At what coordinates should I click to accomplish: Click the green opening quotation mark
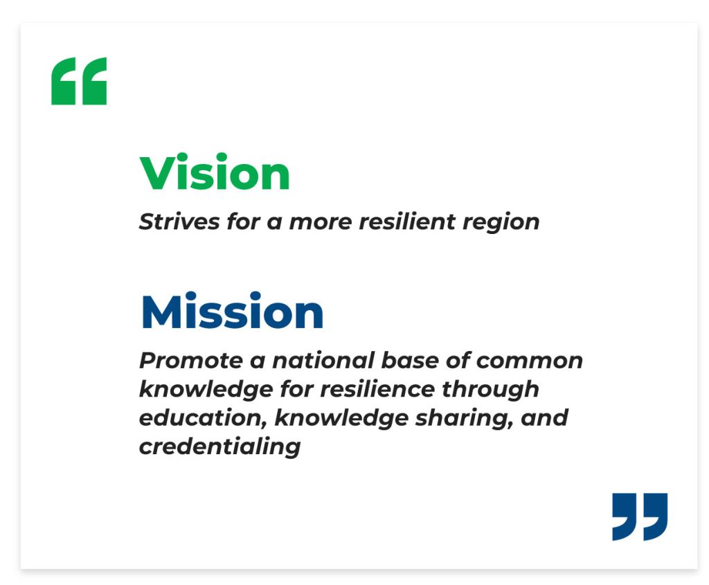click(79, 82)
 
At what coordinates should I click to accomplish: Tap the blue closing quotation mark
click(640, 516)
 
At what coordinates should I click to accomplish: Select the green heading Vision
click(215, 172)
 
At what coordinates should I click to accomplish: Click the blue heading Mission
click(232, 311)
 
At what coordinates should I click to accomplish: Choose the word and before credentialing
click(544, 418)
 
